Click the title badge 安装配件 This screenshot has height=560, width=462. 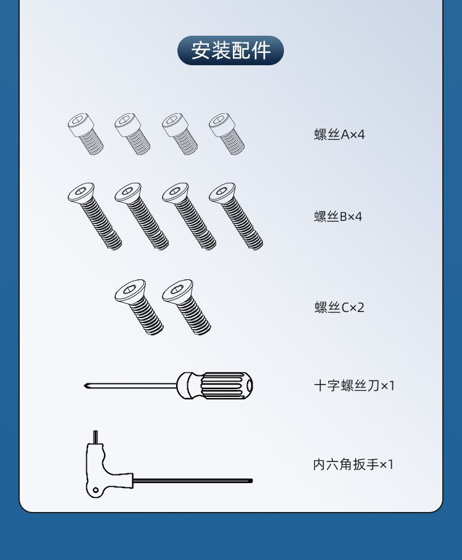(x=230, y=50)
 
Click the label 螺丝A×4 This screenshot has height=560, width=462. (x=339, y=135)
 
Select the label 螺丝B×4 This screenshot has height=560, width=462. (x=338, y=217)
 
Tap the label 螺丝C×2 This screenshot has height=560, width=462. (x=339, y=307)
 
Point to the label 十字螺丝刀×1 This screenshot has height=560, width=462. (x=354, y=386)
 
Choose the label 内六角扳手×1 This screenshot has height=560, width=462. (x=354, y=464)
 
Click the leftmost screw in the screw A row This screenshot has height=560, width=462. (x=86, y=134)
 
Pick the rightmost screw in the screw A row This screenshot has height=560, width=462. (x=227, y=134)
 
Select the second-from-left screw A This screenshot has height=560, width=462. (x=132, y=134)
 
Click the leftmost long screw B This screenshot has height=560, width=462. (x=95, y=216)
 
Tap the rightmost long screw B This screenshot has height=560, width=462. (x=236, y=216)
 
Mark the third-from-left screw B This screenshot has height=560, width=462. (x=189, y=216)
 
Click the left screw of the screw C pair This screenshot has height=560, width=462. (x=139, y=307)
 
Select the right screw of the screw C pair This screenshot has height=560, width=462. (x=186, y=307)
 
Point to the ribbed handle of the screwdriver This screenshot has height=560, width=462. (x=226, y=386)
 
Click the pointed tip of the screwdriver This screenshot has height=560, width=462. (x=85, y=385)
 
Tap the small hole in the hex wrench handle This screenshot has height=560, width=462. (x=95, y=490)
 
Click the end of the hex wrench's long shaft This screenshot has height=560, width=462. (x=251, y=481)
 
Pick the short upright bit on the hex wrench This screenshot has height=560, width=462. (x=95, y=437)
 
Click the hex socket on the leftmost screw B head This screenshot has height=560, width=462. (x=81, y=190)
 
